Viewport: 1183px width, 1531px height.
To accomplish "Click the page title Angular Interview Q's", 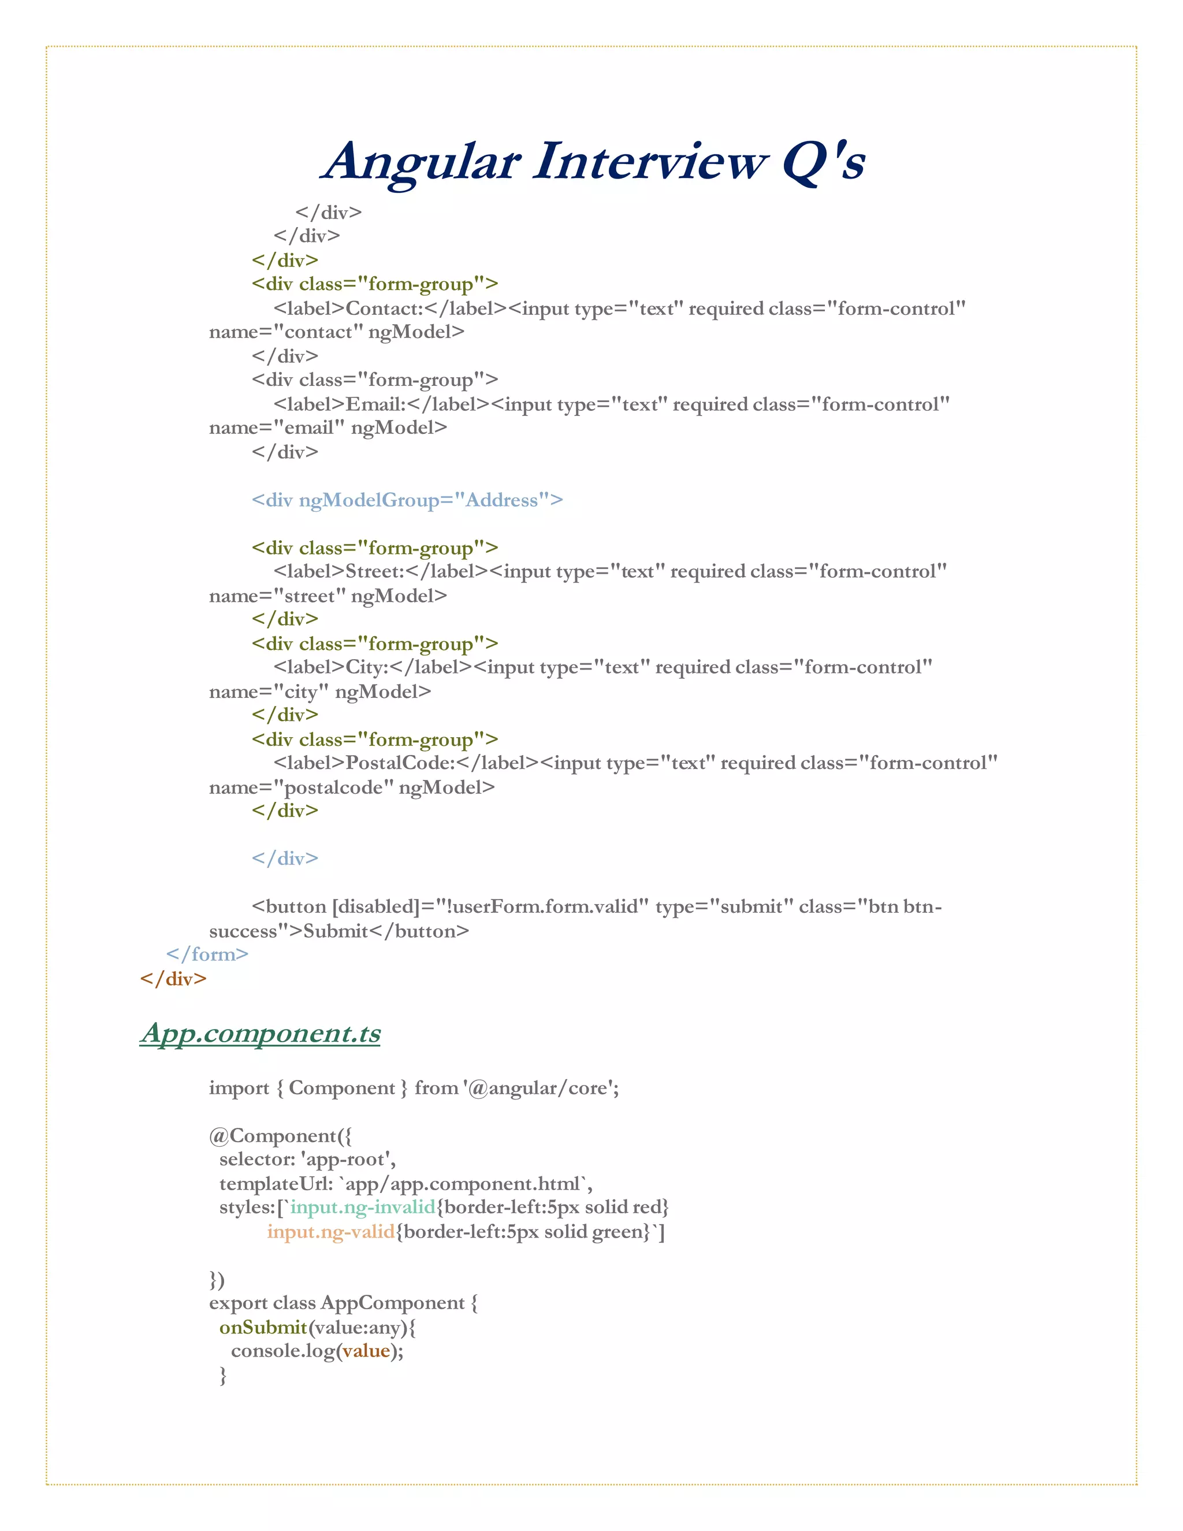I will pos(593,162).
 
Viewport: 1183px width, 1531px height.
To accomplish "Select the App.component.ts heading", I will pos(260,1032).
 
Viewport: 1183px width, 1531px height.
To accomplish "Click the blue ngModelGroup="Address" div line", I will pos(407,500).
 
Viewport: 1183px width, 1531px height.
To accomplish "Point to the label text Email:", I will pos(375,404).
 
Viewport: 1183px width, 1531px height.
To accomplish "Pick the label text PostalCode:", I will pos(400,763).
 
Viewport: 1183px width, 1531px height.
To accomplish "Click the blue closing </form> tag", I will pos(207,954).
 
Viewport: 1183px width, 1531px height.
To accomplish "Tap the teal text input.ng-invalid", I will pos(363,1207).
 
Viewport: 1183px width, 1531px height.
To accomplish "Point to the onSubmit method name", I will pos(263,1327).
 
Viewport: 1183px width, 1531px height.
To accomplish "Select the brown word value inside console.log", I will pos(366,1351).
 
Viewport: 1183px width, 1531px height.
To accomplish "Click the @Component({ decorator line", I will pos(280,1136).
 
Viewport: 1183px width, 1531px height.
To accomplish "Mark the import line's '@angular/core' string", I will pos(539,1088).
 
